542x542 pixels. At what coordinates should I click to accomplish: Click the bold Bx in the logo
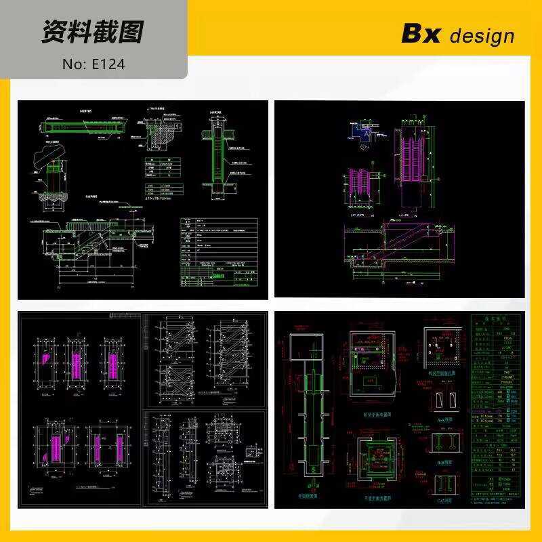click(421, 33)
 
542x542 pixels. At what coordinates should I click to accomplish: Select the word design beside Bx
click(482, 35)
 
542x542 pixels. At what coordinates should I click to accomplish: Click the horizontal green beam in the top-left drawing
click(84, 127)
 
